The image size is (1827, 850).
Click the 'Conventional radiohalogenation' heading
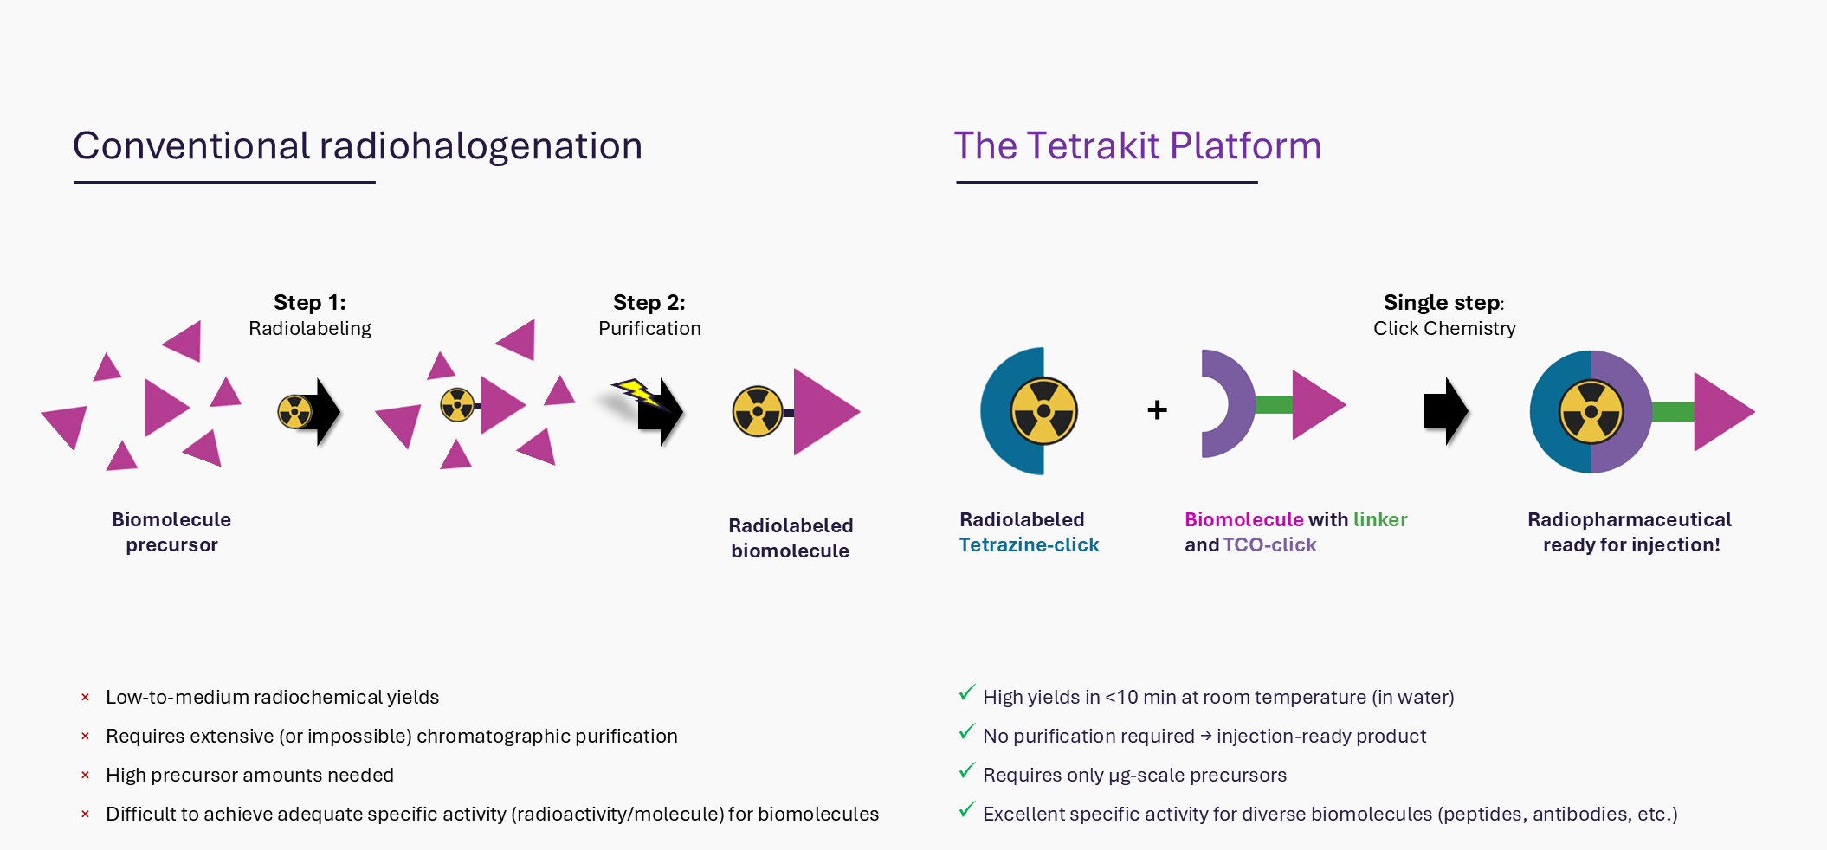point(358,145)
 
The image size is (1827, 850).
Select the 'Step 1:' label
point(310,302)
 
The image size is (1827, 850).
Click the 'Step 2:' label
point(649,302)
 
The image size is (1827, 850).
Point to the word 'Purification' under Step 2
point(649,328)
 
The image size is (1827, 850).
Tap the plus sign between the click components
point(1157,409)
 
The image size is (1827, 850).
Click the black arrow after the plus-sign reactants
point(1446,411)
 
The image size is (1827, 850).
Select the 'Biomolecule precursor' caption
point(171,532)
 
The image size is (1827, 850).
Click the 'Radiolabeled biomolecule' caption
point(791,538)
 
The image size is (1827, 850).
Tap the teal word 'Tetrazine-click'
point(1029,544)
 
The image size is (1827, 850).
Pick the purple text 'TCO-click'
point(1269,544)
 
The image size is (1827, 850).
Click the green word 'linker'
point(1380,519)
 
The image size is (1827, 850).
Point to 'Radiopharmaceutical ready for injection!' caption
point(1630,532)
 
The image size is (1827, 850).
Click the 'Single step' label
point(1442,302)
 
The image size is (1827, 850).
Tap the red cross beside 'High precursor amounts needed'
point(85,775)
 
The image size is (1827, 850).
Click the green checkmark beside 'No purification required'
point(967,732)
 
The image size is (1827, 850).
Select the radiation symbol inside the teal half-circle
point(1043,411)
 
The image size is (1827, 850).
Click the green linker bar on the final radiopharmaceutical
point(1673,412)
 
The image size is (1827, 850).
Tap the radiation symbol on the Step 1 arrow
point(294,412)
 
